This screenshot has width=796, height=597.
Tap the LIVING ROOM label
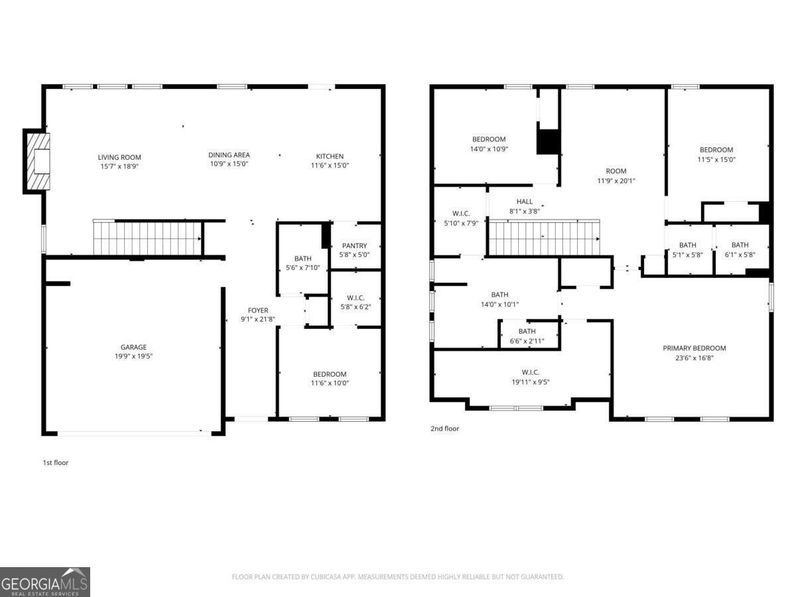(x=119, y=157)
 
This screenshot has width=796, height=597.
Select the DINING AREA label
(x=229, y=155)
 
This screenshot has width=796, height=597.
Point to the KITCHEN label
(x=329, y=157)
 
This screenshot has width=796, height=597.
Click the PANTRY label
(x=354, y=246)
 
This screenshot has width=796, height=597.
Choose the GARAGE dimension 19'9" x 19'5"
(x=133, y=356)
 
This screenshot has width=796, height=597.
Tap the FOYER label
(x=258, y=310)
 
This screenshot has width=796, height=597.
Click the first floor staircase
(x=147, y=238)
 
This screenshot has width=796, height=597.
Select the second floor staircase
(x=544, y=238)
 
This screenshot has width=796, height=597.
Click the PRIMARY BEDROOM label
(x=694, y=348)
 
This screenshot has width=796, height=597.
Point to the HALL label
(x=524, y=202)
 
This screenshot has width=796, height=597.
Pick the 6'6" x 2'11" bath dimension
(x=527, y=341)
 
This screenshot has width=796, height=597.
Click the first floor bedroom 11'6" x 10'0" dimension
(x=330, y=383)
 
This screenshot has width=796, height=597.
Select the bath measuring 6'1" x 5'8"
(x=740, y=254)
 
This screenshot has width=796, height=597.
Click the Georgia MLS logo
(x=44, y=582)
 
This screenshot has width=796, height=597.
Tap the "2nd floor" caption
(x=444, y=429)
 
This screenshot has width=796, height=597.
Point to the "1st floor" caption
(x=56, y=462)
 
